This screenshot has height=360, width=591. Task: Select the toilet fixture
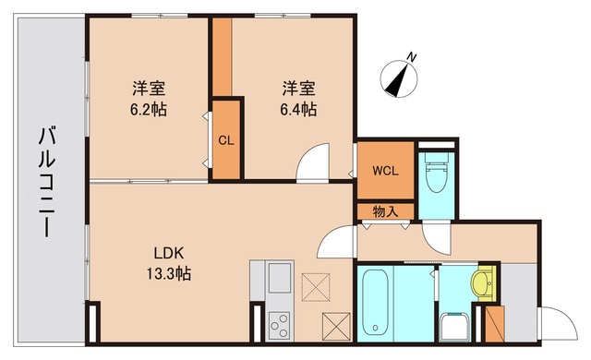pyautogui.click(x=434, y=172)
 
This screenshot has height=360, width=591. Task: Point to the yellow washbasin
pyautogui.click(x=481, y=281)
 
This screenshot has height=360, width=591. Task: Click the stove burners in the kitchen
pyautogui.click(x=278, y=325)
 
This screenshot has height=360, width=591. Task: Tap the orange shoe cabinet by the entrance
pyautogui.click(x=494, y=323)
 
